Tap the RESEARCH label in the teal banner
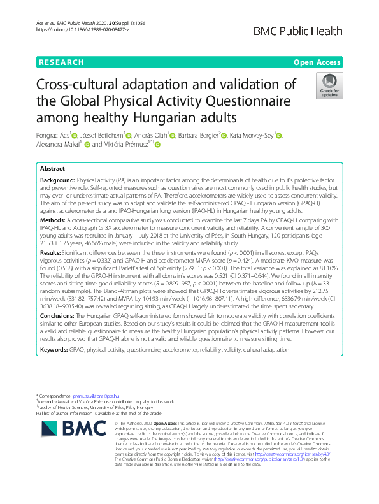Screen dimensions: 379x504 pyautogui.click(x=61, y=62)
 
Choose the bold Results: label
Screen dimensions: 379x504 pyautogui.click(x=52, y=252)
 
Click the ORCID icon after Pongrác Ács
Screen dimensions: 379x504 pyautogui.click(x=75, y=136)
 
